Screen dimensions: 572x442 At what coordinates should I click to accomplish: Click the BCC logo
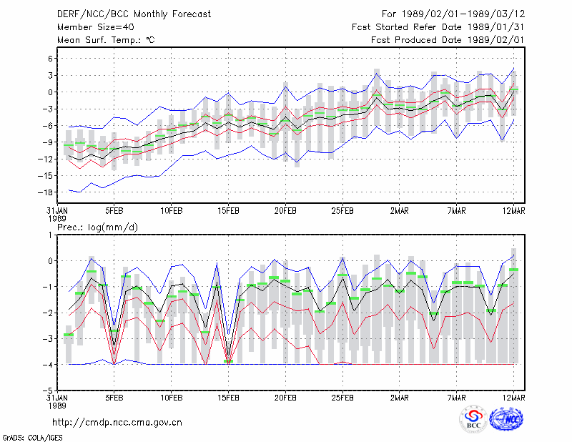point(473,420)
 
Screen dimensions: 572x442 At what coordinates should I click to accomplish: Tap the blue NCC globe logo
point(506,419)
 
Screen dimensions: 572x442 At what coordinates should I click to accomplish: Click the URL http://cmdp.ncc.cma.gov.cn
point(117,423)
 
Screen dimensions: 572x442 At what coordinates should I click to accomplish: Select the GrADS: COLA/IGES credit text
point(32,438)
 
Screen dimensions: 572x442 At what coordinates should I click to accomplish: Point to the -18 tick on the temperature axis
point(45,192)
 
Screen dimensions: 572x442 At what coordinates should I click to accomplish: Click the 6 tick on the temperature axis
point(50,59)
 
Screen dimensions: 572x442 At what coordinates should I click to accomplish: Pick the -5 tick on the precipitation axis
point(48,391)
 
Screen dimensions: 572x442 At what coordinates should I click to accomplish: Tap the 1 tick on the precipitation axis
point(50,235)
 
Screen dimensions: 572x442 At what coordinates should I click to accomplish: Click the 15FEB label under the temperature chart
point(228,211)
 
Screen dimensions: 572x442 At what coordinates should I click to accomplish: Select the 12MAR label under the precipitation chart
point(513,398)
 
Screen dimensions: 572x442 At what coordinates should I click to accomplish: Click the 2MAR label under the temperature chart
point(400,211)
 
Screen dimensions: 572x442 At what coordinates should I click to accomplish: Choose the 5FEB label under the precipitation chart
point(114,398)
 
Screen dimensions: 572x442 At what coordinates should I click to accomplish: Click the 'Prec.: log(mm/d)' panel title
point(98,227)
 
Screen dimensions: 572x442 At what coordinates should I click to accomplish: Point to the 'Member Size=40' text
point(96,27)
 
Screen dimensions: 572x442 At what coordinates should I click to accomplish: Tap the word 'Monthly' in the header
point(151,14)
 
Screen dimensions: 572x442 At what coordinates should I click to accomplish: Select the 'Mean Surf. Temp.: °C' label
point(106,40)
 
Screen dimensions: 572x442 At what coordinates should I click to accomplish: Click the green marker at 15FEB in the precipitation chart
point(228,361)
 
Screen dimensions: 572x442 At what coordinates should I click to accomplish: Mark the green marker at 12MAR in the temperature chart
point(513,89)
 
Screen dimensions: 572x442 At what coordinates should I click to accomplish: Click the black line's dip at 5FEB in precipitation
point(114,345)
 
